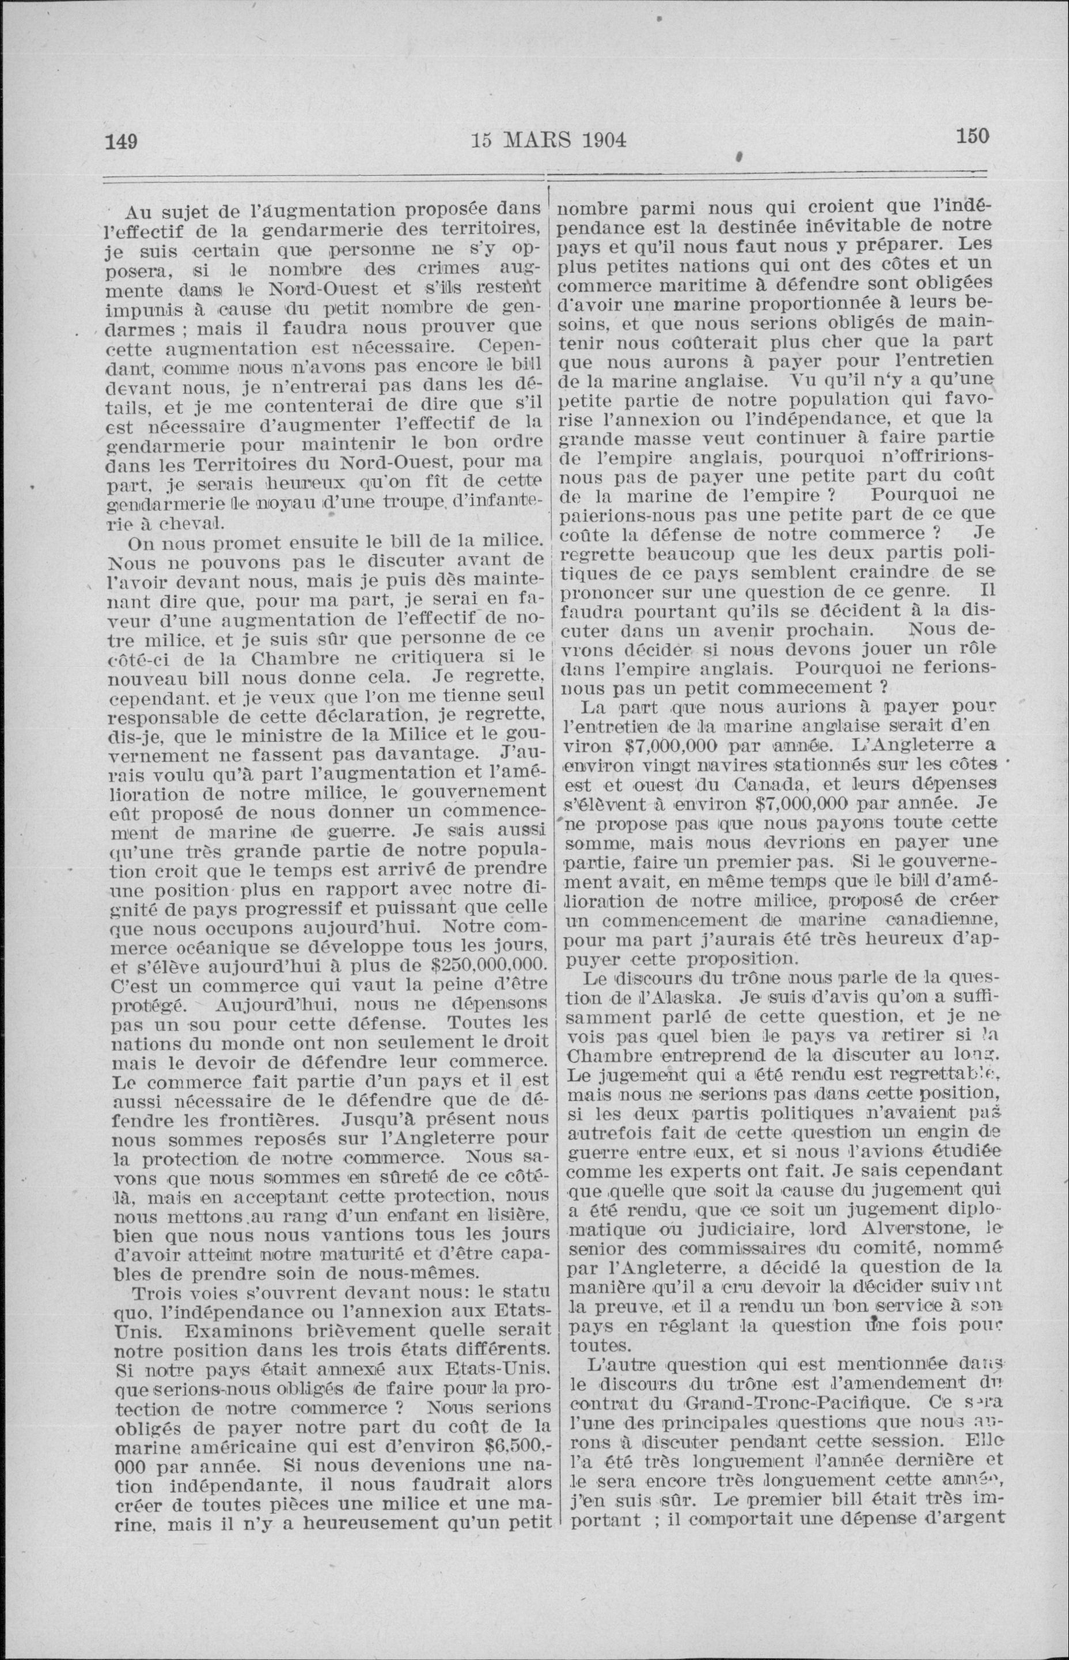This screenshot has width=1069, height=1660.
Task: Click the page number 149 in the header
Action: (x=121, y=142)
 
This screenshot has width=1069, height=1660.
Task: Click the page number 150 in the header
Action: (x=972, y=135)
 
